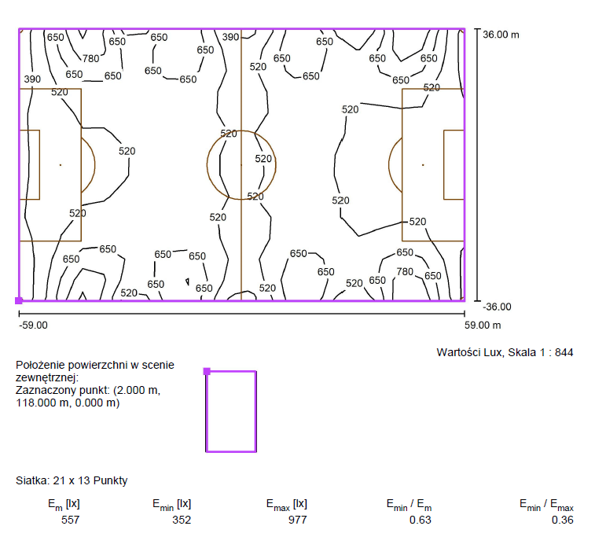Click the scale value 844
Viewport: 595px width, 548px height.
(564, 352)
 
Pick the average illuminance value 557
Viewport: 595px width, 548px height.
(70, 519)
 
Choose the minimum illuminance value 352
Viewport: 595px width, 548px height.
(182, 519)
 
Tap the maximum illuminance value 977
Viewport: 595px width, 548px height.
(297, 519)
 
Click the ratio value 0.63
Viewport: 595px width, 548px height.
(421, 519)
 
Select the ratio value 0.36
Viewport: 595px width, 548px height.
(562, 519)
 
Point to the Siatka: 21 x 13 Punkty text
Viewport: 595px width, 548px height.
(72, 480)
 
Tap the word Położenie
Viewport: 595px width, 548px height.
(40, 365)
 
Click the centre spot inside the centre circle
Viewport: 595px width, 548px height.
(241, 165)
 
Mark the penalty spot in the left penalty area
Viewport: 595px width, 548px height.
(60, 165)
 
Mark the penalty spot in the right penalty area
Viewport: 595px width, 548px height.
(423, 165)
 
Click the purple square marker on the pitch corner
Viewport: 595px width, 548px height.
(19, 300)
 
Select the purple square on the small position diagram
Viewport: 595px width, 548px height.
(207, 371)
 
